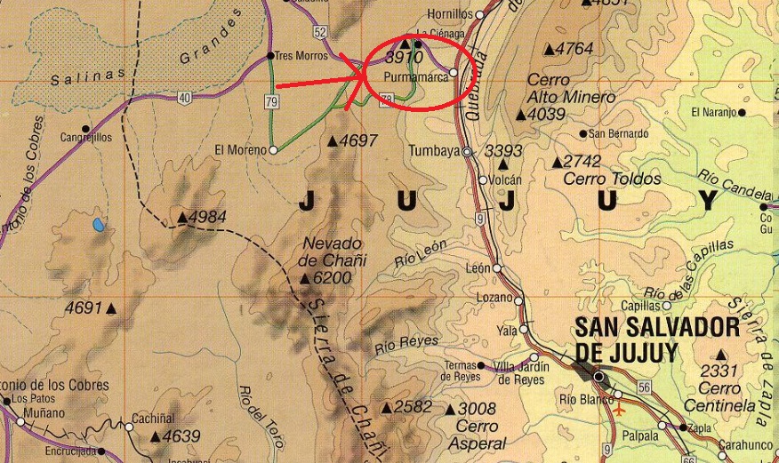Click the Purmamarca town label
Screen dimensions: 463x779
[414, 76]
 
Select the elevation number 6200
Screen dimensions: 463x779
[332, 278]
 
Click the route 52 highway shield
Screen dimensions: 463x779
[320, 33]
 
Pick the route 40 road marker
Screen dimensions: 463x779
[184, 98]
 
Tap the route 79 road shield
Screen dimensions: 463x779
[272, 102]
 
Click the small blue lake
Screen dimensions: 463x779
[98, 224]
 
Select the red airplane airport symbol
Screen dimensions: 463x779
[620, 411]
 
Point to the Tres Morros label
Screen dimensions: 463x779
[301, 54]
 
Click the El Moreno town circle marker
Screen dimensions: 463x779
[273, 150]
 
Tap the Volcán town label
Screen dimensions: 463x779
[504, 180]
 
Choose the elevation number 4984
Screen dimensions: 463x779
[207, 217]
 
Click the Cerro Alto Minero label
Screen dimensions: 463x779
[560, 89]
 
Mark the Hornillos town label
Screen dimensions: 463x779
[450, 14]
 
